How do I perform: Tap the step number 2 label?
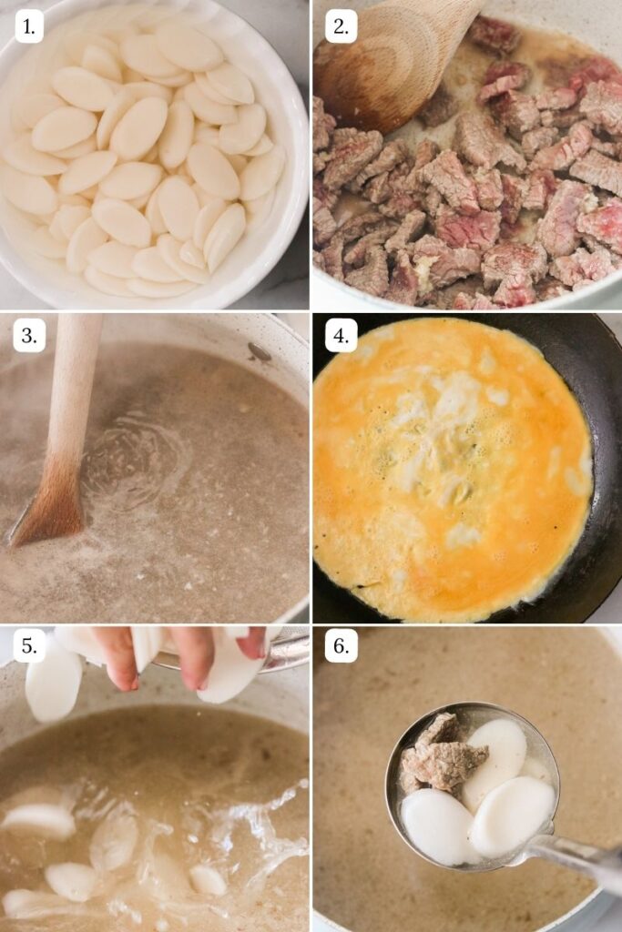[x=341, y=26]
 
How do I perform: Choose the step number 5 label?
[x=29, y=646]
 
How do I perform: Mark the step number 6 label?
[x=341, y=646]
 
